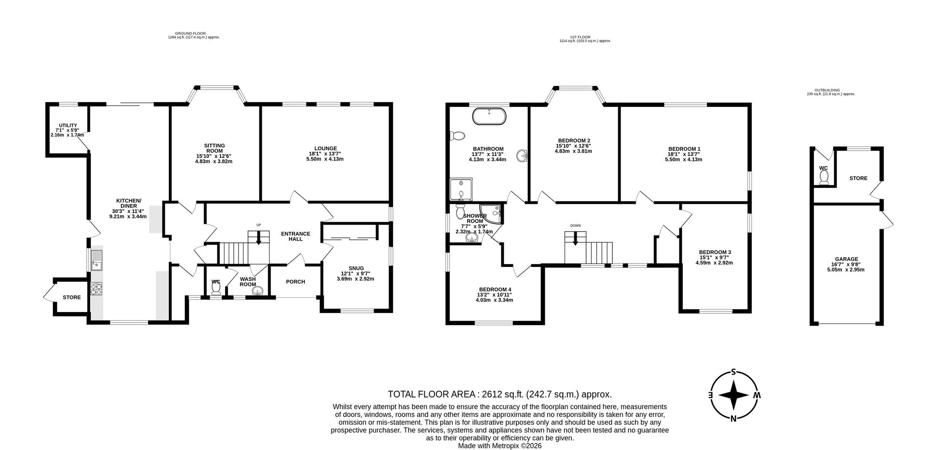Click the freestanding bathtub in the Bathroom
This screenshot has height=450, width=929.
click(489, 117)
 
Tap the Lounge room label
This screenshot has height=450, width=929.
click(325, 149)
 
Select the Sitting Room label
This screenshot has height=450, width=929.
click(214, 148)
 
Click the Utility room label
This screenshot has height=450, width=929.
click(68, 125)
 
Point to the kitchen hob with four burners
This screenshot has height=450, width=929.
click(96, 289)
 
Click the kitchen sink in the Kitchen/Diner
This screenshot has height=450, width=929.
click(96, 260)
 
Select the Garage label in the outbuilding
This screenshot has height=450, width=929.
click(846, 259)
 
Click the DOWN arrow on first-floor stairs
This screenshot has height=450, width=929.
click(575, 239)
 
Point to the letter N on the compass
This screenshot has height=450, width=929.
click(734, 419)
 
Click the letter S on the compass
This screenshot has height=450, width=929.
click(734, 372)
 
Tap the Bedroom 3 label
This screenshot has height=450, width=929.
click(715, 252)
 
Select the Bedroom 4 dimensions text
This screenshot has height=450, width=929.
click(494, 297)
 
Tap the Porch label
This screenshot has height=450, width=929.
click(295, 282)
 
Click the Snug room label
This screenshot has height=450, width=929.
click(356, 268)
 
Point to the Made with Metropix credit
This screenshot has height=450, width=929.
click(500, 446)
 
